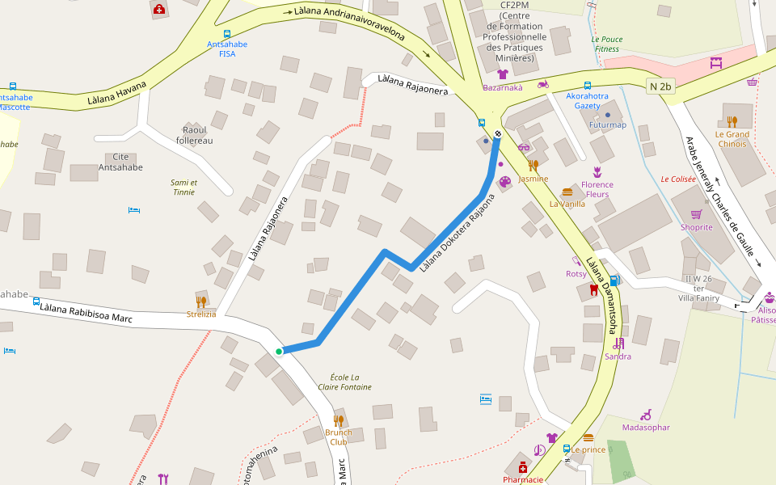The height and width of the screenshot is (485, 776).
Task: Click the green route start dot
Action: point(279,352)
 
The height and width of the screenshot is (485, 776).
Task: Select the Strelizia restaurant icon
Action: point(201,302)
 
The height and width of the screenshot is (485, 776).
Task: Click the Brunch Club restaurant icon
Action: point(339,420)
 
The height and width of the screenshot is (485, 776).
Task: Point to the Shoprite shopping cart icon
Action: point(696,214)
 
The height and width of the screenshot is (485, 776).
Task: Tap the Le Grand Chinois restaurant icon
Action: point(732,122)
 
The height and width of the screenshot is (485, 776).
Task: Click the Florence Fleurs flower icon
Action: point(597,171)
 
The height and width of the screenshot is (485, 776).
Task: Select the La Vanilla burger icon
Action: point(567,192)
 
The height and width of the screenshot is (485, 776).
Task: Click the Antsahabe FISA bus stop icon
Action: point(227,34)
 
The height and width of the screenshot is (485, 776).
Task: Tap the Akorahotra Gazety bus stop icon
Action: point(588,85)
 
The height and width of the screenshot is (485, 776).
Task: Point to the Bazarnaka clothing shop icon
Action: point(502,74)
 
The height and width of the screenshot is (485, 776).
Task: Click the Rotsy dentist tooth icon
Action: point(594,289)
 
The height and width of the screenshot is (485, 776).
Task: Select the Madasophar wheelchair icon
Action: point(646,415)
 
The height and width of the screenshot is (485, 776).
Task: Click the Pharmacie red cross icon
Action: point(523,467)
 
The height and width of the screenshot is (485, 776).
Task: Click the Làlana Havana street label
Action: point(117,95)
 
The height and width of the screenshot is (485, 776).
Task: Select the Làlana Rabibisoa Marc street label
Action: point(86,311)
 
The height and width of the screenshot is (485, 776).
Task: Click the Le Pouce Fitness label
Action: point(606,44)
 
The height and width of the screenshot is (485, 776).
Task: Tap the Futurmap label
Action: point(608,125)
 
